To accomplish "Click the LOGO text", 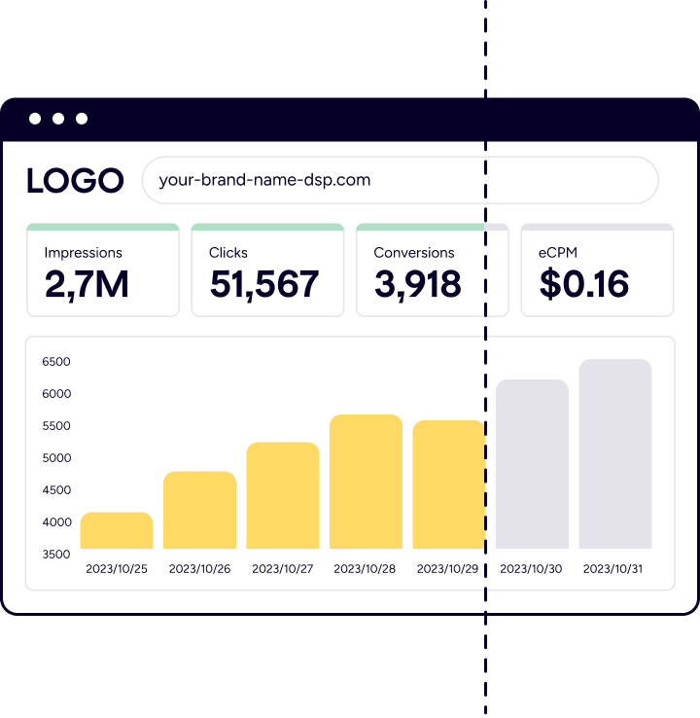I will tap(75, 180).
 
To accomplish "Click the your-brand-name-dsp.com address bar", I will tap(400, 180).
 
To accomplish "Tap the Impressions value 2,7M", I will tap(87, 283).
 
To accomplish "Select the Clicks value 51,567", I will tap(264, 283).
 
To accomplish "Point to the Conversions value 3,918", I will tap(417, 283).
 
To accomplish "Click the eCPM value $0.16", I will tap(584, 283).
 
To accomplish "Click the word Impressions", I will tap(84, 253).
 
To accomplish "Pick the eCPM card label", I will tap(558, 253).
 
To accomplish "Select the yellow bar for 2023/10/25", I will tap(117, 531).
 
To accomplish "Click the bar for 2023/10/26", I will tap(199, 511).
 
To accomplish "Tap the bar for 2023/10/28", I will tap(366, 483).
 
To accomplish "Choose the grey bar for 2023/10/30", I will tap(532, 465).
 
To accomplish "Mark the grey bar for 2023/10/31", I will tap(615, 454).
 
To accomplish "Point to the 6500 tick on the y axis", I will tap(56, 362).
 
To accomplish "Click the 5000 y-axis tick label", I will tap(56, 458).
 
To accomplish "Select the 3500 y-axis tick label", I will tap(56, 555).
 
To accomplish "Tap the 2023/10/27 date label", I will tap(283, 569).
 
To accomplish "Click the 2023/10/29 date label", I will tap(447, 569).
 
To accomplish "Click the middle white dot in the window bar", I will tap(58, 119).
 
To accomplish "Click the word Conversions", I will tap(414, 253).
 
